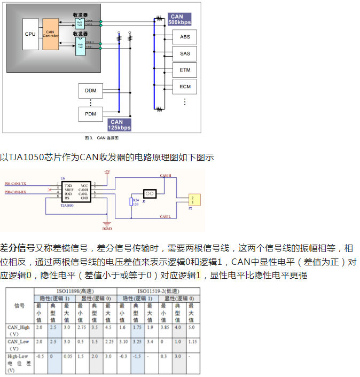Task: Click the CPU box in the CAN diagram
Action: (x=30, y=34)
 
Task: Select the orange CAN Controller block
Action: (x=50, y=34)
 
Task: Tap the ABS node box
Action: (x=185, y=37)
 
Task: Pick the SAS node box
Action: (x=185, y=53)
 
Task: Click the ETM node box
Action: (x=185, y=70)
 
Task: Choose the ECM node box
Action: (x=185, y=87)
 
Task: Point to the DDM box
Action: (x=90, y=91)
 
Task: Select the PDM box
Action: (x=90, y=114)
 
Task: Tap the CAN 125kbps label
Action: (x=119, y=125)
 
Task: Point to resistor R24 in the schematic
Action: (x=131, y=202)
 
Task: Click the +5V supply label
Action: (x=107, y=172)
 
